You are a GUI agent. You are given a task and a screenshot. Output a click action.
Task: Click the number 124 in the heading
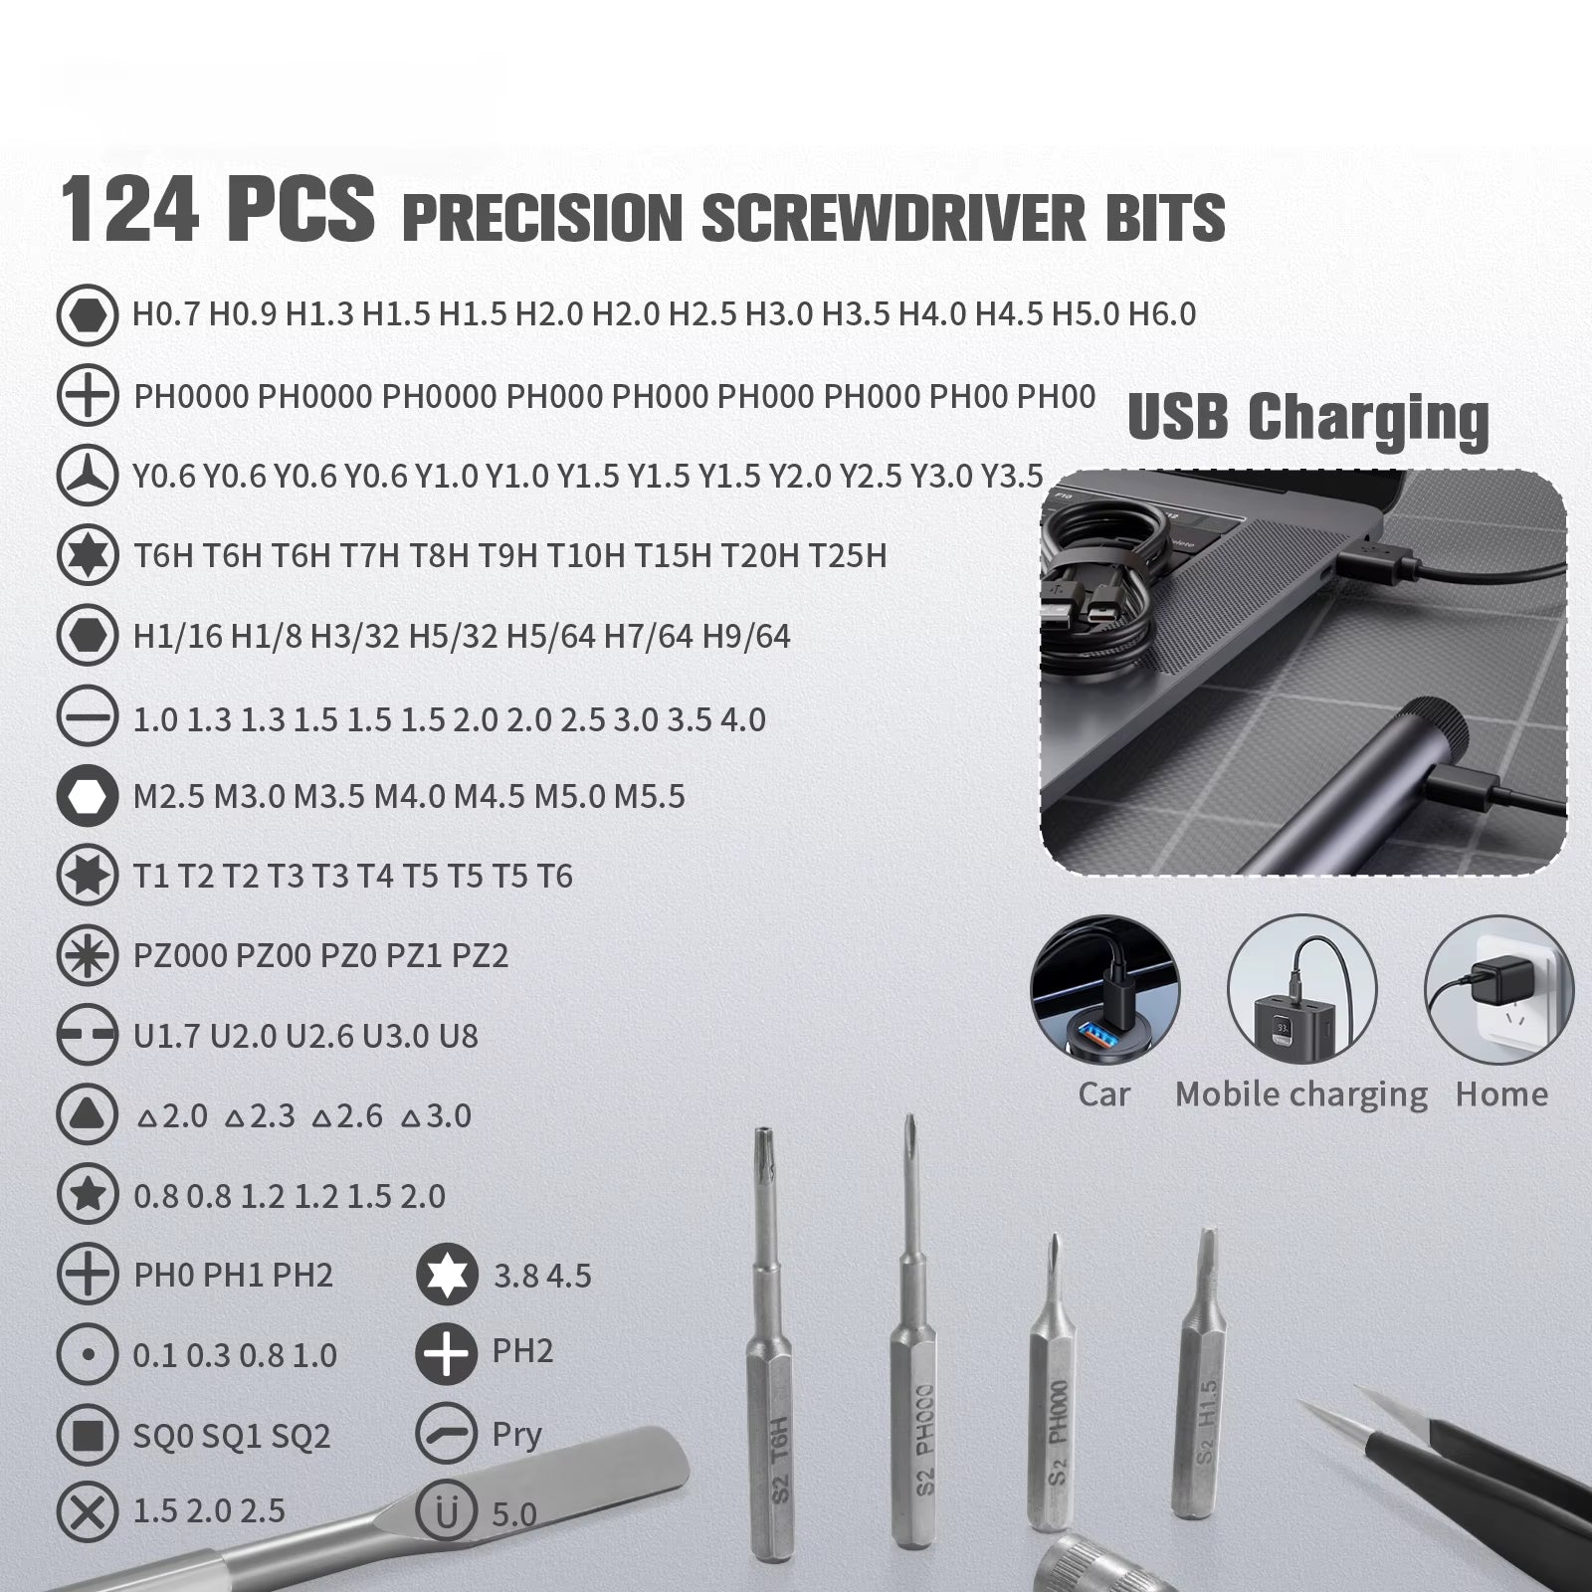[x=129, y=211]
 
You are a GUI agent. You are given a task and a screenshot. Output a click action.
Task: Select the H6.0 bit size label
[x=1161, y=314]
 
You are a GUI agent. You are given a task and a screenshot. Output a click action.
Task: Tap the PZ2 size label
[x=480, y=956]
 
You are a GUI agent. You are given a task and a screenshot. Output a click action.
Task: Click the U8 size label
[x=458, y=1037]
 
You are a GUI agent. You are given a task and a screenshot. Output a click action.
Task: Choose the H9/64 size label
[x=746, y=637]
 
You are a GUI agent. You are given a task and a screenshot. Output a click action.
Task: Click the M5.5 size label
[x=649, y=797]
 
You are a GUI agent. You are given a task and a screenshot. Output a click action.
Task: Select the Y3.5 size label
[x=1012, y=477]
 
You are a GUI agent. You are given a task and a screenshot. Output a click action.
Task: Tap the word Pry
[x=516, y=1435]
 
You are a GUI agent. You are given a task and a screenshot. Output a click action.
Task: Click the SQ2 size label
[x=300, y=1436]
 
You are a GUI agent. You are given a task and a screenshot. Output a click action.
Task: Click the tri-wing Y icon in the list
[x=88, y=476]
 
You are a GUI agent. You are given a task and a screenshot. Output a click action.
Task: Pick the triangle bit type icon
[x=88, y=1115]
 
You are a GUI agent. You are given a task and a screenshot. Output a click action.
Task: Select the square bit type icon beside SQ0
[x=88, y=1435]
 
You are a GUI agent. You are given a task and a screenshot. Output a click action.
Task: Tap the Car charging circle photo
[x=1104, y=990]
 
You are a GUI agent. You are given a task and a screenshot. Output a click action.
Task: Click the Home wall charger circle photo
[x=1498, y=990]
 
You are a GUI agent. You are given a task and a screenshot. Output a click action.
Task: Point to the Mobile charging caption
[x=1300, y=1094]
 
